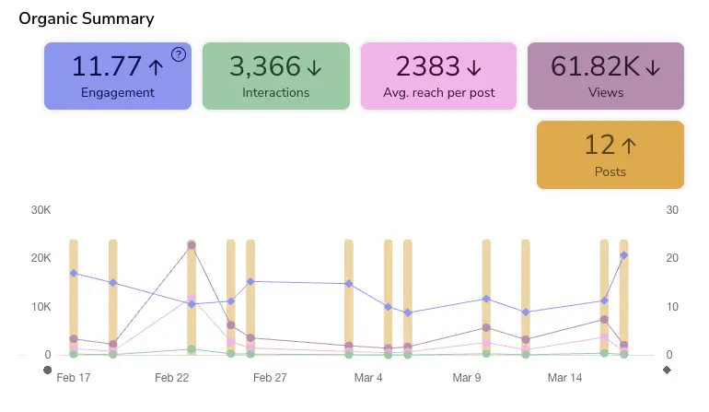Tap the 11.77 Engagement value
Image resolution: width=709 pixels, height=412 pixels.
coord(108,66)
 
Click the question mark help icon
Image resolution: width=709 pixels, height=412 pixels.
coord(179,54)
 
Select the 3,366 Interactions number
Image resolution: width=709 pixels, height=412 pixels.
coord(265,66)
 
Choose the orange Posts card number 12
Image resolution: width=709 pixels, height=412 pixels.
coord(599,145)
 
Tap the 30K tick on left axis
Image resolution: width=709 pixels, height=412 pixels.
coord(41,210)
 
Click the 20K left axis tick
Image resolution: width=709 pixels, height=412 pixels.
coord(41,258)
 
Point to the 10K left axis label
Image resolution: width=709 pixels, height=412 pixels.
coord(41,307)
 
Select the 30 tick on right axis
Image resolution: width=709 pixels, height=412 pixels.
coord(672,210)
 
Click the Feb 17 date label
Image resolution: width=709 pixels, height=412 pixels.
coord(74,378)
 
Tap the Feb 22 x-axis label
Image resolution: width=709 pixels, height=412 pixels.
coord(172,378)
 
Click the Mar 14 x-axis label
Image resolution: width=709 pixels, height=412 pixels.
coord(564,378)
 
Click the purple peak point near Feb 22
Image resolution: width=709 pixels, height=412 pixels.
coord(192,245)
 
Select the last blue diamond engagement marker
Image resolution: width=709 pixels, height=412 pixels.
coord(624,255)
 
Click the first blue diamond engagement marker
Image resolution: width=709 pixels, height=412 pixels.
coord(74,273)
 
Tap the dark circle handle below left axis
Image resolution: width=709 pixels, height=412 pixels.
coord(48,371)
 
